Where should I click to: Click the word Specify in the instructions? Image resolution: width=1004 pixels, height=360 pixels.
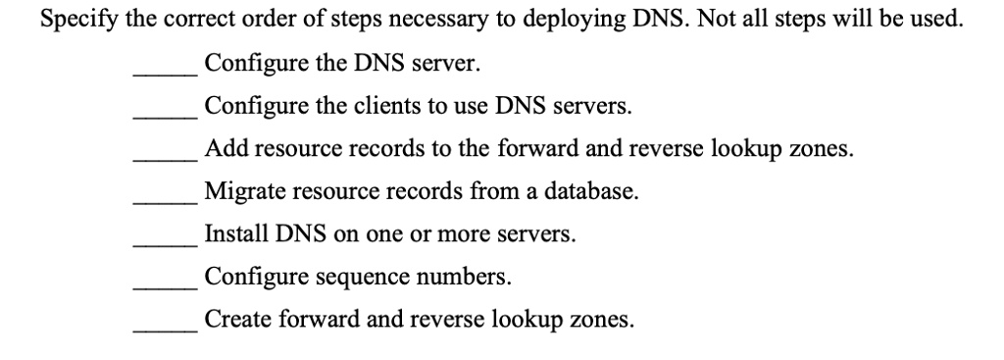[76, 21]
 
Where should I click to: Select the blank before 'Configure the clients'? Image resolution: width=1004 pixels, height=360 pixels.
[167, 114]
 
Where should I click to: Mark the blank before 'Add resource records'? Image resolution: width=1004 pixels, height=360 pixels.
[167, 157]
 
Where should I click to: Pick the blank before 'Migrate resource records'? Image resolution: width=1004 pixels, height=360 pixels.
[167, 199]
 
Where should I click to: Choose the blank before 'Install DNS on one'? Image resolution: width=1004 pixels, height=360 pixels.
[167, 242]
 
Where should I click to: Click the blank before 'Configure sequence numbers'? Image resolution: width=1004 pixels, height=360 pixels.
[167, 284]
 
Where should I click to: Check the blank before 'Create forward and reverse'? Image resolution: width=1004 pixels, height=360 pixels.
[167, 328]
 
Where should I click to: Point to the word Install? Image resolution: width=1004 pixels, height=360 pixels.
[230, 235]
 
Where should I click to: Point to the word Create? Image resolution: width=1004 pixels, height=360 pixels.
[233, 321]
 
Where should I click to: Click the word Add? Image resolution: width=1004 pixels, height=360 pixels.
[222, 150]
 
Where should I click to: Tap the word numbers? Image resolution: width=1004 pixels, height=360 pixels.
[465, 278]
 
